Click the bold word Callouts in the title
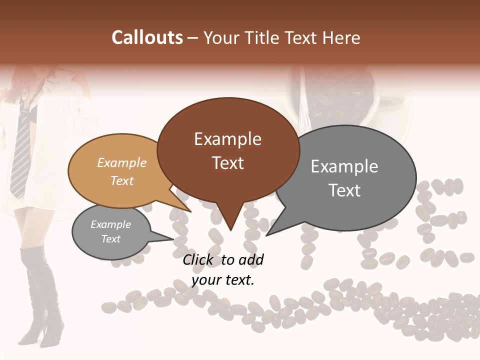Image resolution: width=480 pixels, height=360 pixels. [x=147, y=37]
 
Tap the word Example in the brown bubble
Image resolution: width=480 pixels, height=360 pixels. [x=227, y=139]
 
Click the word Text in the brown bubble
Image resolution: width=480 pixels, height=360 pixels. [x=227, y=163]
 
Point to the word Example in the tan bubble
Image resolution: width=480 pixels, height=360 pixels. [x=122, y=163]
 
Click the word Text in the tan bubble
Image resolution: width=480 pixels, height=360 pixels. [x=122, y=180]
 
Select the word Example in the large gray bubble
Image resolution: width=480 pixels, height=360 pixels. [x=344, y=166]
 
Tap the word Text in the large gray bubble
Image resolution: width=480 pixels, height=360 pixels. [x=344, y=190]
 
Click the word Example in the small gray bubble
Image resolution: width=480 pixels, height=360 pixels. [x=110, y=224]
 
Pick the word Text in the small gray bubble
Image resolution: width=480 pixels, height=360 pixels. [x=110, y=239]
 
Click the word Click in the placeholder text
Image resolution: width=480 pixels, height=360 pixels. [x=200, y=259]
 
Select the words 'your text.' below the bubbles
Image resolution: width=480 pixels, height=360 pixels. [x=223, y=280]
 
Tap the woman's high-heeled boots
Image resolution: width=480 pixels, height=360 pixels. [x=42, y=300]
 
